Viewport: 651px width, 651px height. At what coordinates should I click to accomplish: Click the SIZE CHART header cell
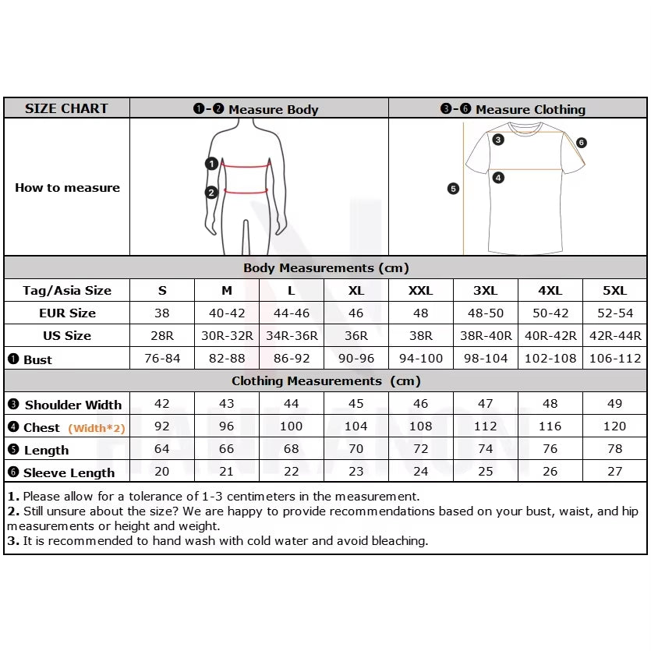pyautogui.click(x=66, y=108)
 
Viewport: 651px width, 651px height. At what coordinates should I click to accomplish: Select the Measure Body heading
pyautogui.click(x=257, y=109)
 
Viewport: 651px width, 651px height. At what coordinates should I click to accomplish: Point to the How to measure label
pyautogui.click(x=67, y=188)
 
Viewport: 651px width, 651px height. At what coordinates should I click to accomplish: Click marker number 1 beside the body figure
pyautogui.click(x=211, y=164)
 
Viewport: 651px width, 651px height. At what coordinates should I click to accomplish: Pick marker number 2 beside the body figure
pyautogui.click(x=211, y=193)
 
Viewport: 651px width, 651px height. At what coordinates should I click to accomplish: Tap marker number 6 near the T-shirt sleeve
pyautogui.click(x=582, y=143)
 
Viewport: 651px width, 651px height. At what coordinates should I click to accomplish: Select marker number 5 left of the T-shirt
pyautogui.click(x=454, y=189)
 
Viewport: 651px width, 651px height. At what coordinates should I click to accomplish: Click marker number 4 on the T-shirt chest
pyautogui.click(x=498, y=178)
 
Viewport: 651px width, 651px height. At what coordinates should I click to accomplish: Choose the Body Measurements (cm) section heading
pyautogui.click(x=326, y=268)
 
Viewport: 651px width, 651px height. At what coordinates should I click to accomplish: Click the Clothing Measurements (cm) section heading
pyautogui.click(x=326, y=381)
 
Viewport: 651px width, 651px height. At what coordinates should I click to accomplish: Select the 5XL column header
pyautogui.click(x=614, y=291)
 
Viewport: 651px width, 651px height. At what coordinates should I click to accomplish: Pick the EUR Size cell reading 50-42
pyautogui.click(x=550, y=313)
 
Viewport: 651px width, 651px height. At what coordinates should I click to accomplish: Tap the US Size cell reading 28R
pyautogui.click(x=162, y=336)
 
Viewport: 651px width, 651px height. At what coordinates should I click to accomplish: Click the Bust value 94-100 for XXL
pyautogui.click(x=421, y=359)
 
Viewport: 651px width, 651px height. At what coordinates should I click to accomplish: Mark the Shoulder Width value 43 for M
pyautogui.click(x=227, y=404)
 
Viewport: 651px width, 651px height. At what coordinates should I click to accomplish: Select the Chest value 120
pyautogui.click(x=614, y=426)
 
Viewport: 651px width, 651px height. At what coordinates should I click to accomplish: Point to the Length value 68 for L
pyautogui.click(x=291, y=449)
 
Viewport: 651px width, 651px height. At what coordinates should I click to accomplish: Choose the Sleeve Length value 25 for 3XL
pyautogui.click(x=485, y=472)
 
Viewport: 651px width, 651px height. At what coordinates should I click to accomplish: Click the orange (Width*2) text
pyautogui.click(x=97, y=428)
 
